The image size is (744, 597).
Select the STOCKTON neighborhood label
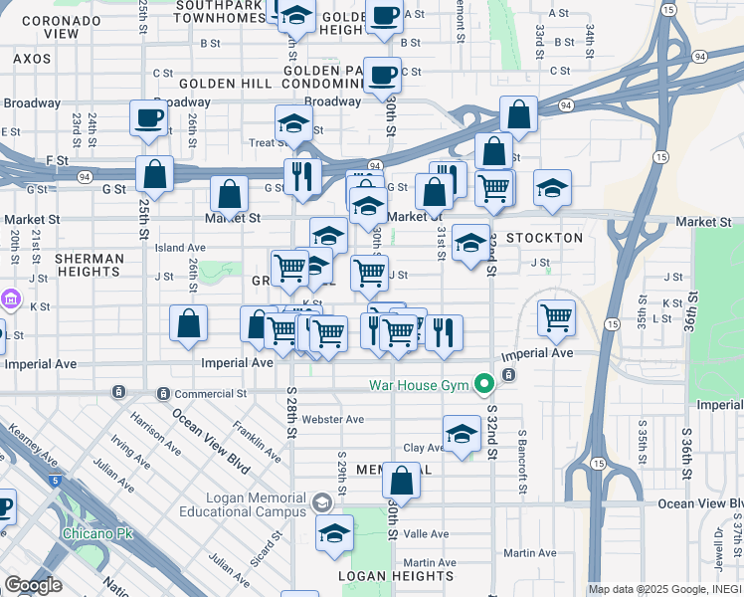tap(544, 239)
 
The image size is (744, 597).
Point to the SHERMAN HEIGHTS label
tap(90, 265)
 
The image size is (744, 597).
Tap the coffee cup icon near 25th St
tap(149, 118)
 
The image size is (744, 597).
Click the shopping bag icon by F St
tap(154, 175)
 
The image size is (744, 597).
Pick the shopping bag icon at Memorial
tap(401, 481)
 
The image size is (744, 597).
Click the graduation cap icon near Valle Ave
tap(335, 532)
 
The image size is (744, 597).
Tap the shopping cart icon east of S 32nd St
tap(557, 318)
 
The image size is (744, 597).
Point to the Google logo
tap(33, 585)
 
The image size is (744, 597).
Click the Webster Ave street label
tap(333, 419)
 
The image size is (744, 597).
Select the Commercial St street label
tap(212, 394)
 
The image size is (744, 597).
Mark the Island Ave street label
tap(180, 248)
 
